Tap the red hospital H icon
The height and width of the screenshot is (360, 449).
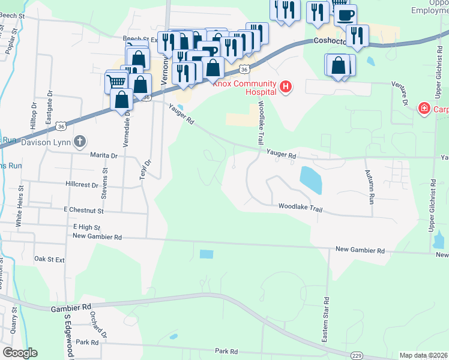[x=286, y=88]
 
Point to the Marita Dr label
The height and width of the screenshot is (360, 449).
[x=104, y=155]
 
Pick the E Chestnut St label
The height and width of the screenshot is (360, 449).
[x=83, y=211]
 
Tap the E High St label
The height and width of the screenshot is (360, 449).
[x=86, y=227]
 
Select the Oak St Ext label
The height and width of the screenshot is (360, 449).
[x=49, y=259]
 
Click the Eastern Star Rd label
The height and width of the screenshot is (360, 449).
[x=325, y=320]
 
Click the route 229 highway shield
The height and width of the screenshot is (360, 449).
[x=356, y=355]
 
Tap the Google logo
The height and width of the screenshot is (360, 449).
[x=20, y=353]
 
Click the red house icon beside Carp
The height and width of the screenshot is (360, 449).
[x=424, y=109]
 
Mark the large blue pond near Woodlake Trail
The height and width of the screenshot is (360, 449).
[x=310, y=180]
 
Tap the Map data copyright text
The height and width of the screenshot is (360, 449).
[x=423, y=355]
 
